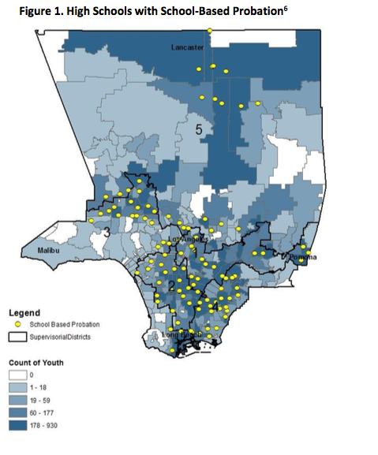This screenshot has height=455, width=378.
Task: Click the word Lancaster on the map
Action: point(187,47)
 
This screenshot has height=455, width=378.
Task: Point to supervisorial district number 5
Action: point(200,128)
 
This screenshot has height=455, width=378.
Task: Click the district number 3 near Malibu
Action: point(106,231)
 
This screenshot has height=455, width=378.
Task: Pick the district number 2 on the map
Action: point(171,285)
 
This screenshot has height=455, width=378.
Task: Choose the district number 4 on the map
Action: point(215,304)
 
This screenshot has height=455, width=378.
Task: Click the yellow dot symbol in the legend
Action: point(18,324)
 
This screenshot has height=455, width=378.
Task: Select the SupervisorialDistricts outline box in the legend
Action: point(18,337)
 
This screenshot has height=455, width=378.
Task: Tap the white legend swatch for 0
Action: point(18,375)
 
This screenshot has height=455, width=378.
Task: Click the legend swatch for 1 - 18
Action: point(18,388)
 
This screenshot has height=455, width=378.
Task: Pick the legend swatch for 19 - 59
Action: point(18,401)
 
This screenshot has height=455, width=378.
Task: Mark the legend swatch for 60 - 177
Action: point(18,413)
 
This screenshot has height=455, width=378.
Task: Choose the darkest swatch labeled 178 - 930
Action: point(18,426)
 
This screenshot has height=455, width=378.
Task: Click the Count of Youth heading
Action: point(36,362)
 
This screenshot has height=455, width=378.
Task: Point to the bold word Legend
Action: point(24,313)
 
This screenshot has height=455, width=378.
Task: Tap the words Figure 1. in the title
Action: point(32,10)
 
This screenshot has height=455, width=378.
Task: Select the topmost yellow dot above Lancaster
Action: point(210,31)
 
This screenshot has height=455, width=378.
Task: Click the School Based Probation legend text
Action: point(65,324)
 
